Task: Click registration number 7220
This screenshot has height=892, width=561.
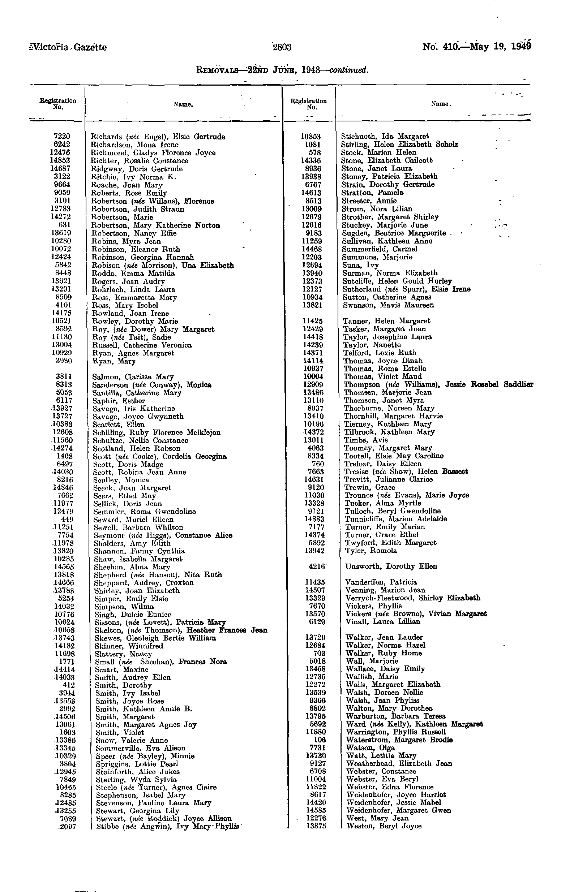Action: pos(62,137)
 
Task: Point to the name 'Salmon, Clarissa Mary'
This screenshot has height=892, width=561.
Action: pos(133,377)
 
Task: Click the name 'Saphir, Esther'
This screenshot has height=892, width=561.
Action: pos(119,401)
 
